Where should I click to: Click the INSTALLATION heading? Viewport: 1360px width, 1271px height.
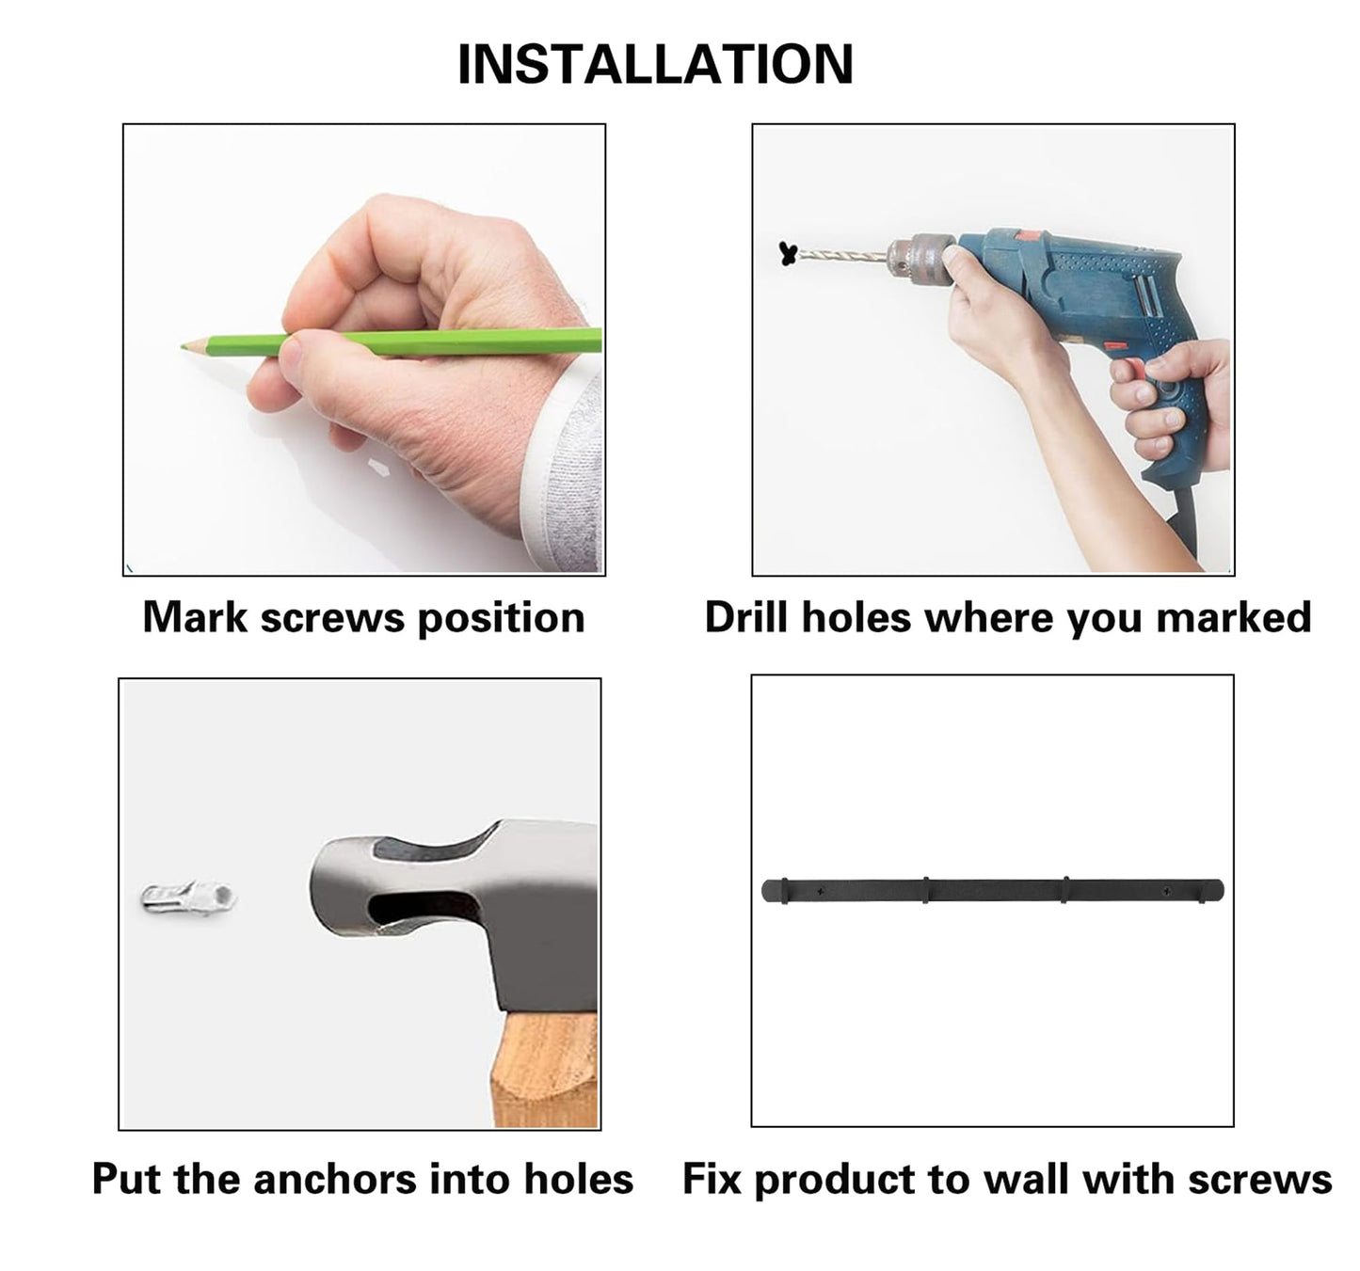click(x=655, y=64)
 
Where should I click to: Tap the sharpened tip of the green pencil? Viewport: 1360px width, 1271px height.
click(x=183, y=347)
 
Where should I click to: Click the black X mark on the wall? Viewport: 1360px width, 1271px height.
click(x=789, y=254)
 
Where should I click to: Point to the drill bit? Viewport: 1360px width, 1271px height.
click(x=843, y=256)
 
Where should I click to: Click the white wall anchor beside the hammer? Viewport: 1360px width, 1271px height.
click(x=188, y=897)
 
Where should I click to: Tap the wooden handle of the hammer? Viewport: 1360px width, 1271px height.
click(x=545, y=1069)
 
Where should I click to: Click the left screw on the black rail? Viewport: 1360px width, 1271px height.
click(x=820, y=891)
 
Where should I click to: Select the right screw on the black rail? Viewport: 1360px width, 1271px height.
click(x=1166, y=891)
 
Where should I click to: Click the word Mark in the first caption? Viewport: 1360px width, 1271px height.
click(x=195, y=618)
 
